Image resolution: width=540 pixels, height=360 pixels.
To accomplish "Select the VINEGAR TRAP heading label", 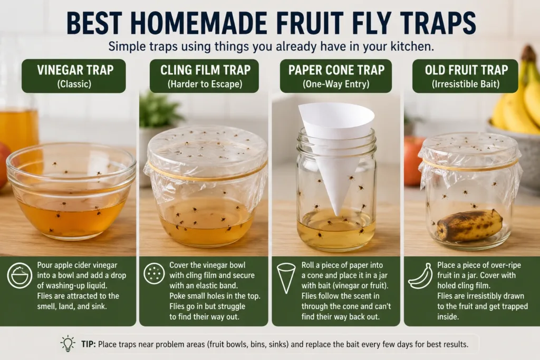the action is tap(74, 76).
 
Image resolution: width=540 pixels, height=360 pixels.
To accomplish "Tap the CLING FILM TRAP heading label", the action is tap(204, 76).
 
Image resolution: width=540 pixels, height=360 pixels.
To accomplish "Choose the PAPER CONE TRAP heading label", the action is tap(336, 76).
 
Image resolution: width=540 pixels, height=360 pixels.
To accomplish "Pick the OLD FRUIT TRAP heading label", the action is tap(465, 76).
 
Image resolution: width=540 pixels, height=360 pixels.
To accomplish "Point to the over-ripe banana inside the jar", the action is tap(470, 226).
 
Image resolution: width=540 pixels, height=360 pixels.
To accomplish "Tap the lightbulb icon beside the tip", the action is tap(68, 344).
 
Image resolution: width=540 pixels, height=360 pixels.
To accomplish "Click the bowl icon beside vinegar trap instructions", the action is tap(20, 275).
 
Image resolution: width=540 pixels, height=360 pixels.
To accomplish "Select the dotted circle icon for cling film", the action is tap(154, 274).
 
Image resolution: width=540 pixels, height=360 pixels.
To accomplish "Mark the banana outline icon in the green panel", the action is tap(420, 276).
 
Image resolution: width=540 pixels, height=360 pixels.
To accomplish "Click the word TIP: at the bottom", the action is tap(89, 344).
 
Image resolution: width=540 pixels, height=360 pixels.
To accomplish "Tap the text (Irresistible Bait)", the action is tap(466, 84).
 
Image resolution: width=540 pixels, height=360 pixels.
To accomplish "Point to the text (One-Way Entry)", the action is tap(336, 84).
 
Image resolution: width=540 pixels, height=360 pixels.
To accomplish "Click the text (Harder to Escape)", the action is tap(205, 84).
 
